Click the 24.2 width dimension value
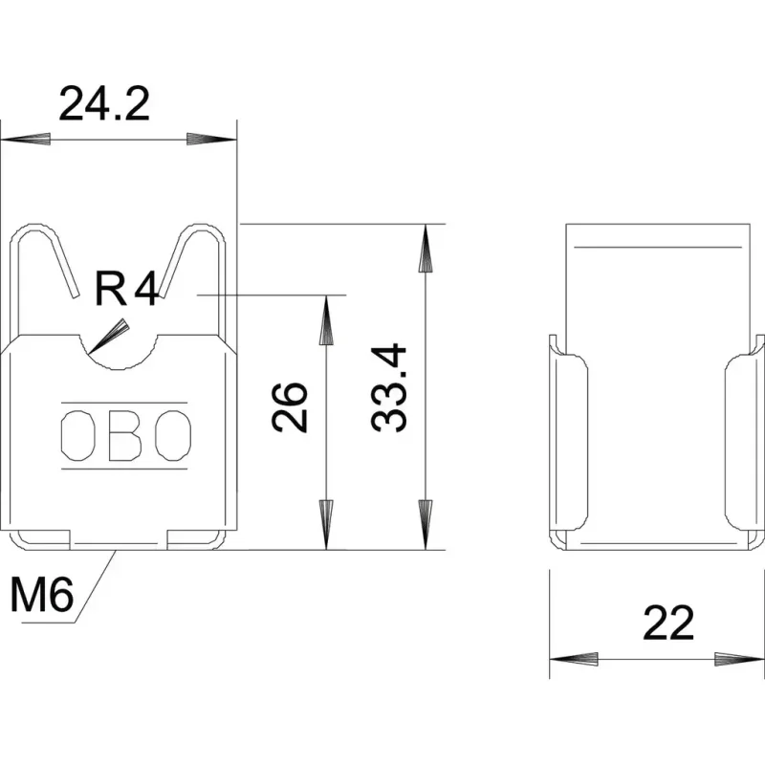[104, 104]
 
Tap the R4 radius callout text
[126, 290]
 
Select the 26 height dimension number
[290, 408]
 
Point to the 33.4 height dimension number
[389, 388]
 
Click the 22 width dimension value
[668, 623]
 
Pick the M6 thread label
[42, 595]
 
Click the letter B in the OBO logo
[125, 436]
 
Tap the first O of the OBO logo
[77, 436]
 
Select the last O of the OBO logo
[173, 436]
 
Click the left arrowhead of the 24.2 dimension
[26, 139]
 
